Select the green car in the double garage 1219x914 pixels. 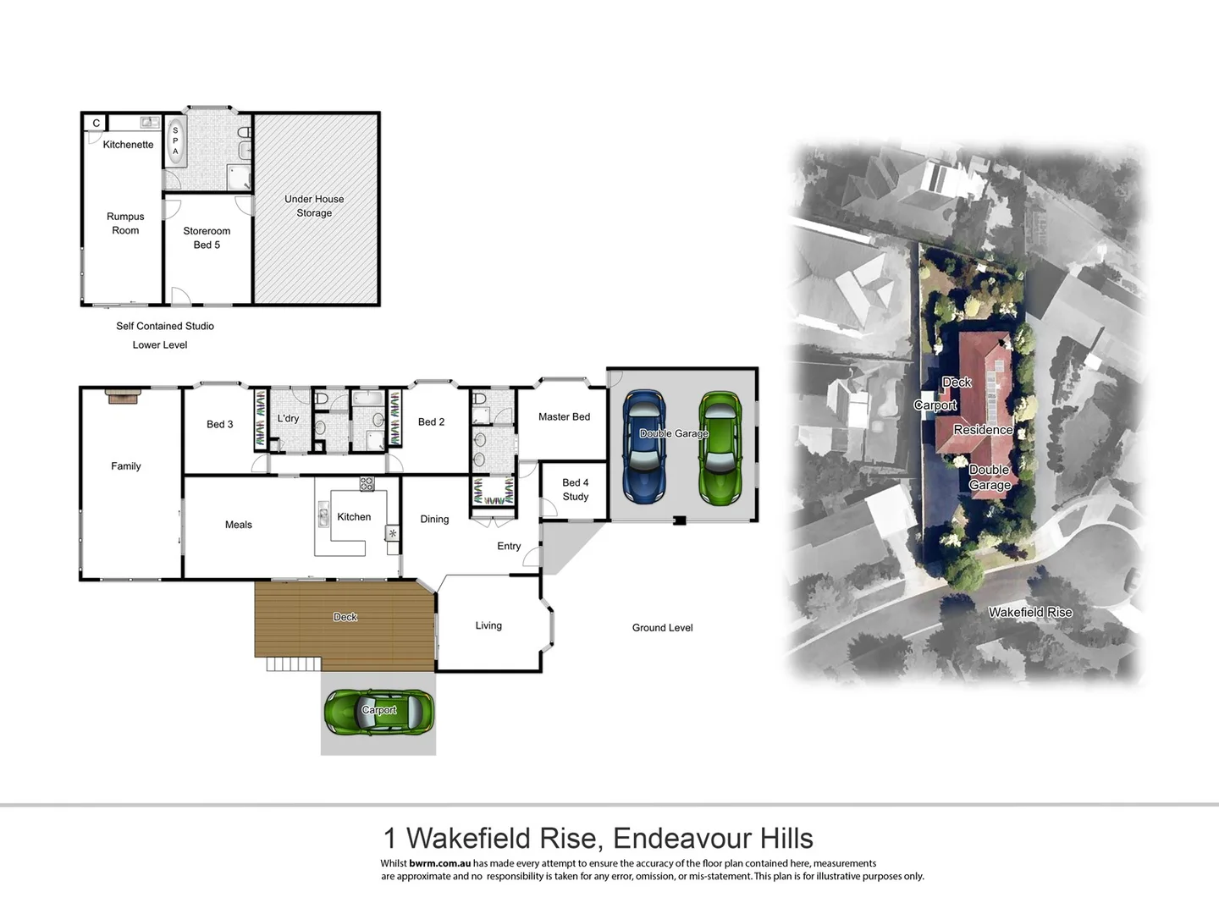click(720, 448)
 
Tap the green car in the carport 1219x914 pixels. click(379, 712)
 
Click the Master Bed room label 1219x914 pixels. click(564, 417)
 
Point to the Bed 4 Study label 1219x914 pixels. click(575, 490)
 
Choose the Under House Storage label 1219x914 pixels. click(314, 206)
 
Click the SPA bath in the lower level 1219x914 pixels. click(175, 141)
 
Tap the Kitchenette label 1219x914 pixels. click(128, 145)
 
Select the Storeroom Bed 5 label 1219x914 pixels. click(207, 238)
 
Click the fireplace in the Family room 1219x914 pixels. click(123, 395)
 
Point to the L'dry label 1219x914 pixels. click(288, 419)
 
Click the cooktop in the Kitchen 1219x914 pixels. click(367, 484)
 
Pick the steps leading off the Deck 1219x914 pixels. click(293, 664)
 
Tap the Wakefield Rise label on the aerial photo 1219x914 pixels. click(1029, 612)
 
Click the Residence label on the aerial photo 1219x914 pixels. click(983, 430)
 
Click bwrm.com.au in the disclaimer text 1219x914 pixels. click(439, 863)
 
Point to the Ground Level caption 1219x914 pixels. click(662, 628)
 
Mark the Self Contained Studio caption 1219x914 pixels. click(165, 326)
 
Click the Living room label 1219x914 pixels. click(488, 626)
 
